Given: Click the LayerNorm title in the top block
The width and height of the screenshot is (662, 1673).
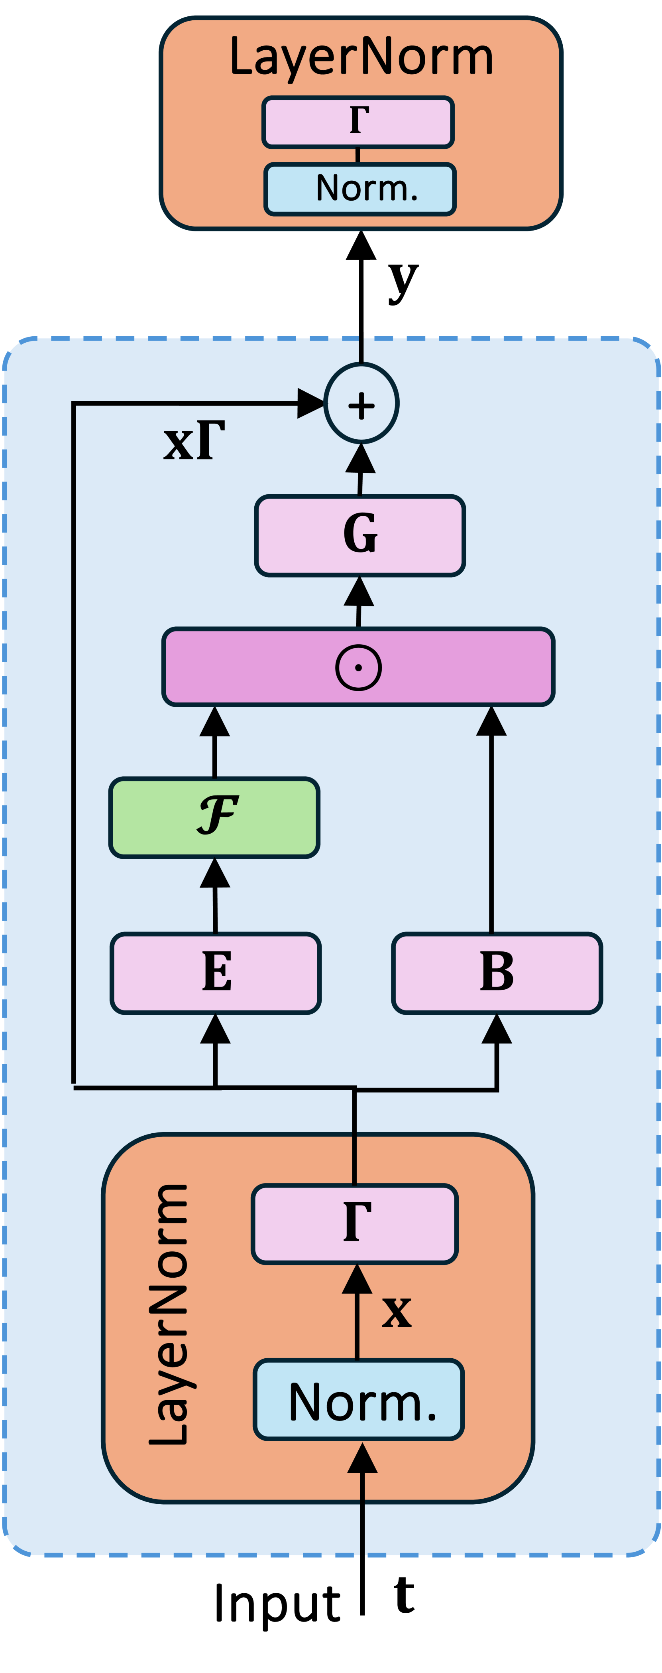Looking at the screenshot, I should pyautogui.click(x=361, y=57).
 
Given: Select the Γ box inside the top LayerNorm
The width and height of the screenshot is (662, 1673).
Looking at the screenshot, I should pyautogui.click(x=358, y=122).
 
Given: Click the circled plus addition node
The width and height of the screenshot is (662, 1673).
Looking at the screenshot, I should pyautogui.click(x=361, y=404).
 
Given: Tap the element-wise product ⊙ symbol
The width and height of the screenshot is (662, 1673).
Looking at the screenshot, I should pyautogui.click(x=358, y=667).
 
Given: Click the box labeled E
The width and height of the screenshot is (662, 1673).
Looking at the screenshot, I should pyautogui.click(x=216, y=972).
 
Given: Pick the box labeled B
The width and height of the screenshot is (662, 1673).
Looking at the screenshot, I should pyautogui.click(x=497, y=972).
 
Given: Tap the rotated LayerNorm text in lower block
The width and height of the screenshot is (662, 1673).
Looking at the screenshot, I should pyautogui.click(x=169, y=1315).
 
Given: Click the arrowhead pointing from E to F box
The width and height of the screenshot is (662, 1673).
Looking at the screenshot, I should pyautogui.click(x=215, y=874).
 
